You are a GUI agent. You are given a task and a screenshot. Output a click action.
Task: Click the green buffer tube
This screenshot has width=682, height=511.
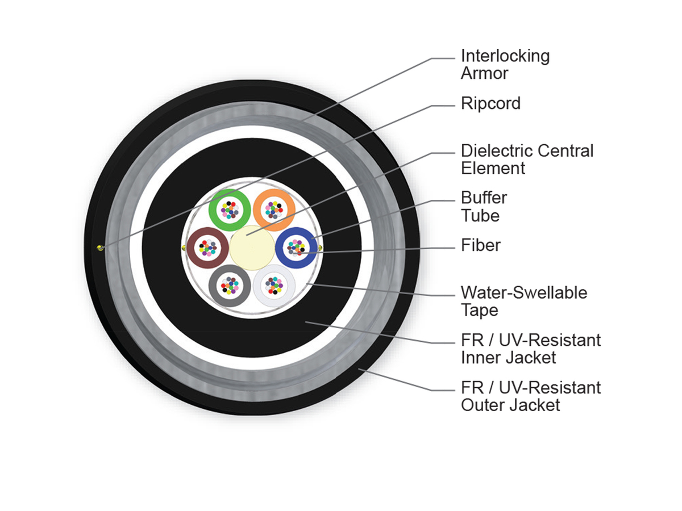(x=217, y=208)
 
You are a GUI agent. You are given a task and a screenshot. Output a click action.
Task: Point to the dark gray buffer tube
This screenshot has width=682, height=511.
(x=217, y=284)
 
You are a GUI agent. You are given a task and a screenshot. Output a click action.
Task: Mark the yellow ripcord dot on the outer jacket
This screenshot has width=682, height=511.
(x=100, y=247)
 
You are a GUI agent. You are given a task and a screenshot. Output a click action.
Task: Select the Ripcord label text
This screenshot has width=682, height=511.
(x=490, y=103)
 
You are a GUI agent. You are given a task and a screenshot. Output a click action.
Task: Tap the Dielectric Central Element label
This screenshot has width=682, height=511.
(x=526, y=160)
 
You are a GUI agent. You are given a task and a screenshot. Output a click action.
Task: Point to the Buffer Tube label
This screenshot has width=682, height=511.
(x=484, y=207)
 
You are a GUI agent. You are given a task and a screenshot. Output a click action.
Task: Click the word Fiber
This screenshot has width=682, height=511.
(x=481, y=245)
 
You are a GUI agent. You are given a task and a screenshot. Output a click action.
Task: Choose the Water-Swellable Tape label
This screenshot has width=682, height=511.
(x=523, y=301)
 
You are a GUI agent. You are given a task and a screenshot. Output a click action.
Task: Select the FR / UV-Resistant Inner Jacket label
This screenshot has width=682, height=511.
(x=530, y=349)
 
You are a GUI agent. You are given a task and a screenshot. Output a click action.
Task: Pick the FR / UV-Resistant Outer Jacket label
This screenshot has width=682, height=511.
(x=530, y=396)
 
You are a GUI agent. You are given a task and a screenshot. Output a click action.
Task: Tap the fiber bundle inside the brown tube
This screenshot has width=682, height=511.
(x=207, y=247)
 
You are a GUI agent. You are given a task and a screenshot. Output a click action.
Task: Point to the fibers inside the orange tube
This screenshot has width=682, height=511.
(x=273, y=210)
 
